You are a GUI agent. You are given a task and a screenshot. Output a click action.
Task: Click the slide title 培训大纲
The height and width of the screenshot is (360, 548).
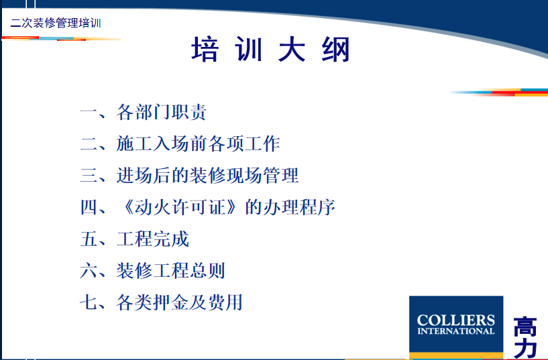[x=270, y=50]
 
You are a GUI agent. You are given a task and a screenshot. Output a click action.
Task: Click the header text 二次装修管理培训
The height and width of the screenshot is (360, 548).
[x=56, y=23]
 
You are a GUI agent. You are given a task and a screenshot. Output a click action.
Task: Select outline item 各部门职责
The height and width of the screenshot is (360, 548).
[x=162, y=112]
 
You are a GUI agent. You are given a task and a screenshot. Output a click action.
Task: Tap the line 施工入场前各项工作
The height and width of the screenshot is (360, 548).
[x=198, y=144]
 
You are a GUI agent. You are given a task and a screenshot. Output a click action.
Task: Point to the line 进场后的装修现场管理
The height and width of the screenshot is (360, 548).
[x=208, y=175]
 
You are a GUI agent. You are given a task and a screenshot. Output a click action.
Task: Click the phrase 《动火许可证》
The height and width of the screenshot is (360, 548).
[x=180, y=207]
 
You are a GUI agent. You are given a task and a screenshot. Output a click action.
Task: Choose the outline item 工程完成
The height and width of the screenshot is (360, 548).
[x=153, y=239]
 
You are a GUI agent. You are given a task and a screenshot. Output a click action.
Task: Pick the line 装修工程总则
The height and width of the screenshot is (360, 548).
[x=171, y=271]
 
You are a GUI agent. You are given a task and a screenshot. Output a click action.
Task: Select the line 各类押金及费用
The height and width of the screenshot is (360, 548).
[x=180, y=302]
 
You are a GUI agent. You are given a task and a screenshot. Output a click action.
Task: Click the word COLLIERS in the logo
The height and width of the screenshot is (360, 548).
[x=455, y=320]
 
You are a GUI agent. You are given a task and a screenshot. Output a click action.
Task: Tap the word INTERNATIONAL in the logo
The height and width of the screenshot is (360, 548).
[x=455, y=331]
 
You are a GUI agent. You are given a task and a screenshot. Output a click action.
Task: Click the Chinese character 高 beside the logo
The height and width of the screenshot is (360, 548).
[x=525, y=326]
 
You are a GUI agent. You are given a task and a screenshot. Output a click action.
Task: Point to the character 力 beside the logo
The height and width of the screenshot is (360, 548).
[x=525, y=349]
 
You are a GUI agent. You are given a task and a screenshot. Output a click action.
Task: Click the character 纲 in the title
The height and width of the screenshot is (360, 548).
[x=336, y=50]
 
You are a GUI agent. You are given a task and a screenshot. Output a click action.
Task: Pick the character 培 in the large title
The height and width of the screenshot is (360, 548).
[x=205, y=50]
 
